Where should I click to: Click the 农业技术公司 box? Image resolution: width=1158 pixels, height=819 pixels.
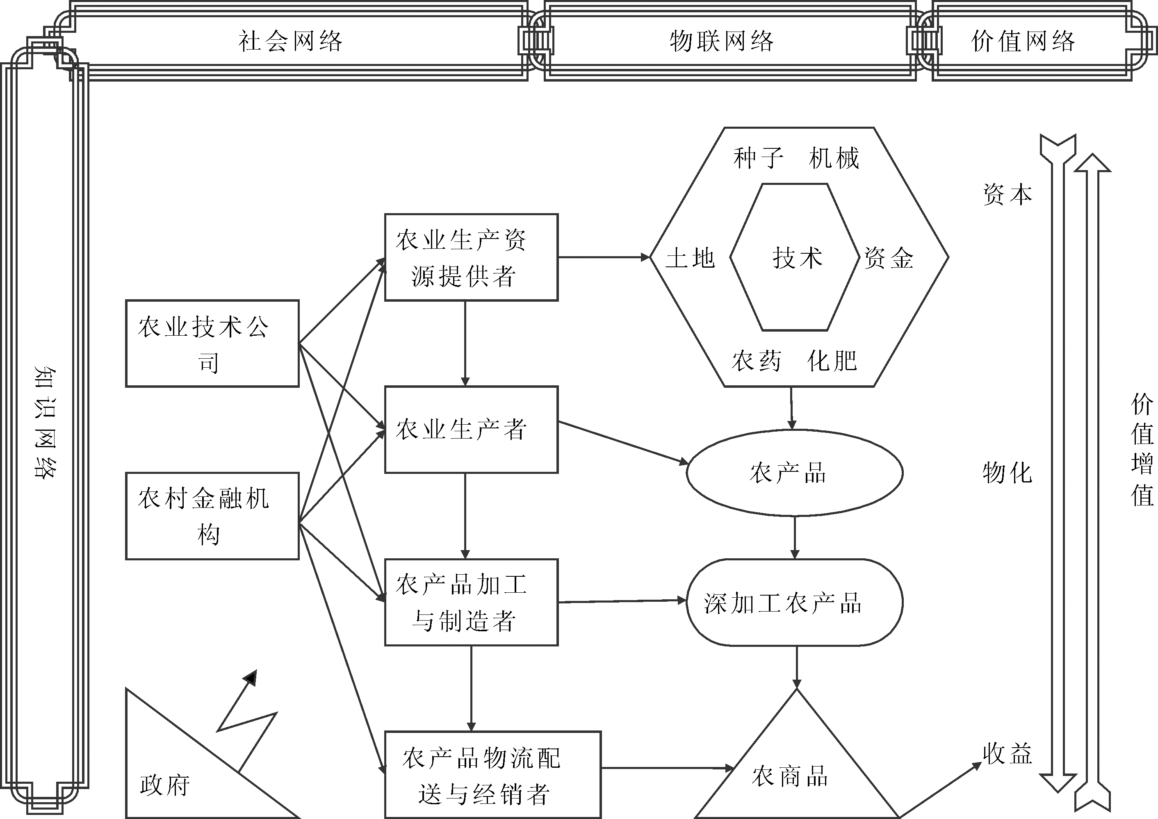pyautogui.click(x=212, y=344)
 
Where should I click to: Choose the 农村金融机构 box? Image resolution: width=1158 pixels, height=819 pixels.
pyautogui.click(x=212, y=516)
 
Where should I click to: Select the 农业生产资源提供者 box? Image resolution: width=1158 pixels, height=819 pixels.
pyautogui.click(x=471, y=257)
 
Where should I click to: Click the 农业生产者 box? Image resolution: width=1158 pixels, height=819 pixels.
pyautogui.click(x=471, y=430)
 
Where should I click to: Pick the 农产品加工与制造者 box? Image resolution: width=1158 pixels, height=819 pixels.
pyautogui.click(x=471, y=602)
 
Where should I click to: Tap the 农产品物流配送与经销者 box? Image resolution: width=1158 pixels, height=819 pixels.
pyautogui.click(x=493, y=775)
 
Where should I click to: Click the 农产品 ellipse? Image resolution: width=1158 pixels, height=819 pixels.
pyautogui.click(x=794, y=473)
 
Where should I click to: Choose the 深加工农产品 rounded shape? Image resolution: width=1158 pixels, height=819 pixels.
pyautogui.click(x=794, y=603)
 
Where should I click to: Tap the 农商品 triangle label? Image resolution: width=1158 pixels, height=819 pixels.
pyautogui.click(x=790, y=776)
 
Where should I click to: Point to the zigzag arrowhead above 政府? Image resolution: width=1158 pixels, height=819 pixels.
pyautogui.click(x=251, y=678)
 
